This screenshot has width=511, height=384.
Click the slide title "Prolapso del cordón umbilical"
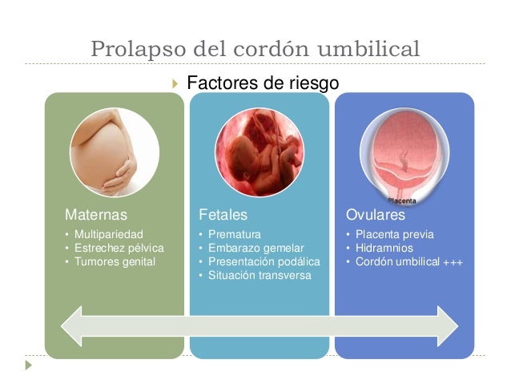(255, 48)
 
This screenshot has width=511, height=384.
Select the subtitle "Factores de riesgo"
(262, 83)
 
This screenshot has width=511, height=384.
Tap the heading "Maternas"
(95, 215)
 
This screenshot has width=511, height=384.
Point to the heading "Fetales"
(223, 215)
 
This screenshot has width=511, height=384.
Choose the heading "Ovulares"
(375, 215)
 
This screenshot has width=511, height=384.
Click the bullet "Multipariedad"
(108, 234)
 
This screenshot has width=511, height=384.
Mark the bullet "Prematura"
(234, 234)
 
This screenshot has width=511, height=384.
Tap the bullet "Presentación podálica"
(263, 261)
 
